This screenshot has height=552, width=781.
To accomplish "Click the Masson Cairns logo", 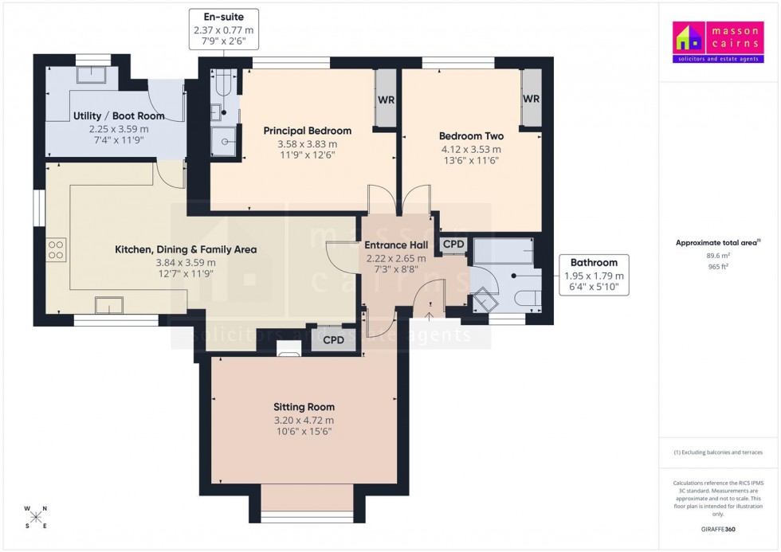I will click(719, 42).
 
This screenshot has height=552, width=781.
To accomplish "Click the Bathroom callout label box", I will click(594, 276).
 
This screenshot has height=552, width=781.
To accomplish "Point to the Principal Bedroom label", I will click(307, 131).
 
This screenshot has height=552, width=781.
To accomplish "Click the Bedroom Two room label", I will click(470, 135).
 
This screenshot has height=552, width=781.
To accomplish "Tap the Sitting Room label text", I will click(304, 406).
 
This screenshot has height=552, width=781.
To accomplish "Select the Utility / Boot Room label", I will click(119, 115).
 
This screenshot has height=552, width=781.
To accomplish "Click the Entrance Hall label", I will click(396, 245).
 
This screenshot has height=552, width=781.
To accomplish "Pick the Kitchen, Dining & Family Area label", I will click(186, 249).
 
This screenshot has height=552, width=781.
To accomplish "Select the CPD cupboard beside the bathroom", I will click(453, 245).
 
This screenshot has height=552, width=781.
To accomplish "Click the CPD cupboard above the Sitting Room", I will click(333, 339).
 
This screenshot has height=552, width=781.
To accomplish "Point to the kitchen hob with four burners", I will click(56, 250).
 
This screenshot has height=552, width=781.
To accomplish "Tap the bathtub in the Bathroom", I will click(504, 253).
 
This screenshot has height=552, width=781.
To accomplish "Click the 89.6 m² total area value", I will click(718, 256).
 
